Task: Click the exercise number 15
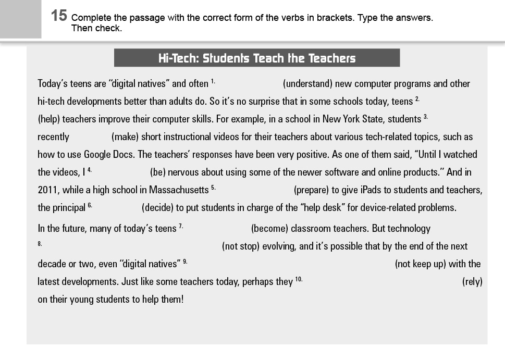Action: pyautogui.click(x=59, y=16)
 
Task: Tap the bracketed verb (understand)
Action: pyautogui.click(x=307, y=84)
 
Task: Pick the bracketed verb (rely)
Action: pyautogui.click(x=472, y=282)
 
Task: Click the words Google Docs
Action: pyautogui.click(x=109, y=155)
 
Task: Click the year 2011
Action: pyautogui.click(x=47, y=190)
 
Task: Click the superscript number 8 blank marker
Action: pyautogui.click(x=40, y=243)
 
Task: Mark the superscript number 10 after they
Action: pyautogui.click(x=299, y=280)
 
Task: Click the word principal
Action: pyautogui.click(x=69, y=208)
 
